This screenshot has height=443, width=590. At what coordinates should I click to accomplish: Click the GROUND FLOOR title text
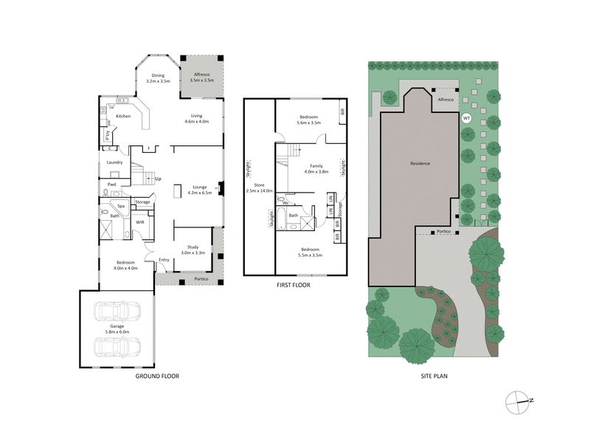(157, 376)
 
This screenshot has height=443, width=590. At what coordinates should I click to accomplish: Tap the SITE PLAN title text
(431, 376)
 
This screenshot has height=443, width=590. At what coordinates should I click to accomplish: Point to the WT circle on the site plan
(465, 118)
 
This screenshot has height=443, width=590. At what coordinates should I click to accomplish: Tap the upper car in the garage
(118, 313)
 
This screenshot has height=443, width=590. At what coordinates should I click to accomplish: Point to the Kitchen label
(123, 116)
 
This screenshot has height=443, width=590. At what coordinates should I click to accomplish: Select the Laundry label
(114, 162)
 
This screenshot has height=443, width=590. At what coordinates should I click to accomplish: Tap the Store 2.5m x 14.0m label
(259, 188)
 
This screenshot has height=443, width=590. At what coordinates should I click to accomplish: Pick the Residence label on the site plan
(419, 163)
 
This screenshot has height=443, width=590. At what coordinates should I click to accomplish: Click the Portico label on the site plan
(443, 231)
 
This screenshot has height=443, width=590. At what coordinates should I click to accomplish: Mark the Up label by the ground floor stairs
(157, 179)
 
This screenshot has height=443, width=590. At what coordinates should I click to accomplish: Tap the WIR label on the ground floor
(139, 221)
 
